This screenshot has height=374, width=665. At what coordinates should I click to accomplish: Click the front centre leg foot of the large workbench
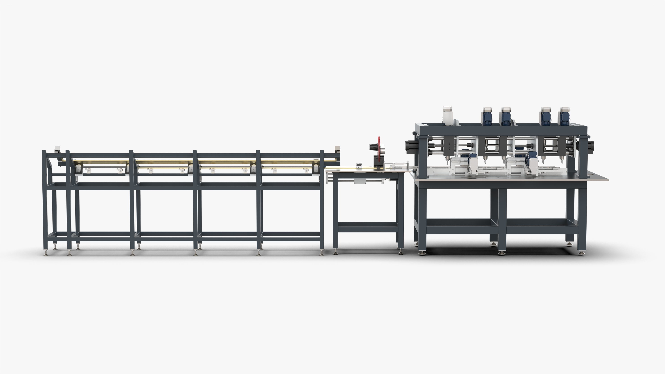coord(502,253)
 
